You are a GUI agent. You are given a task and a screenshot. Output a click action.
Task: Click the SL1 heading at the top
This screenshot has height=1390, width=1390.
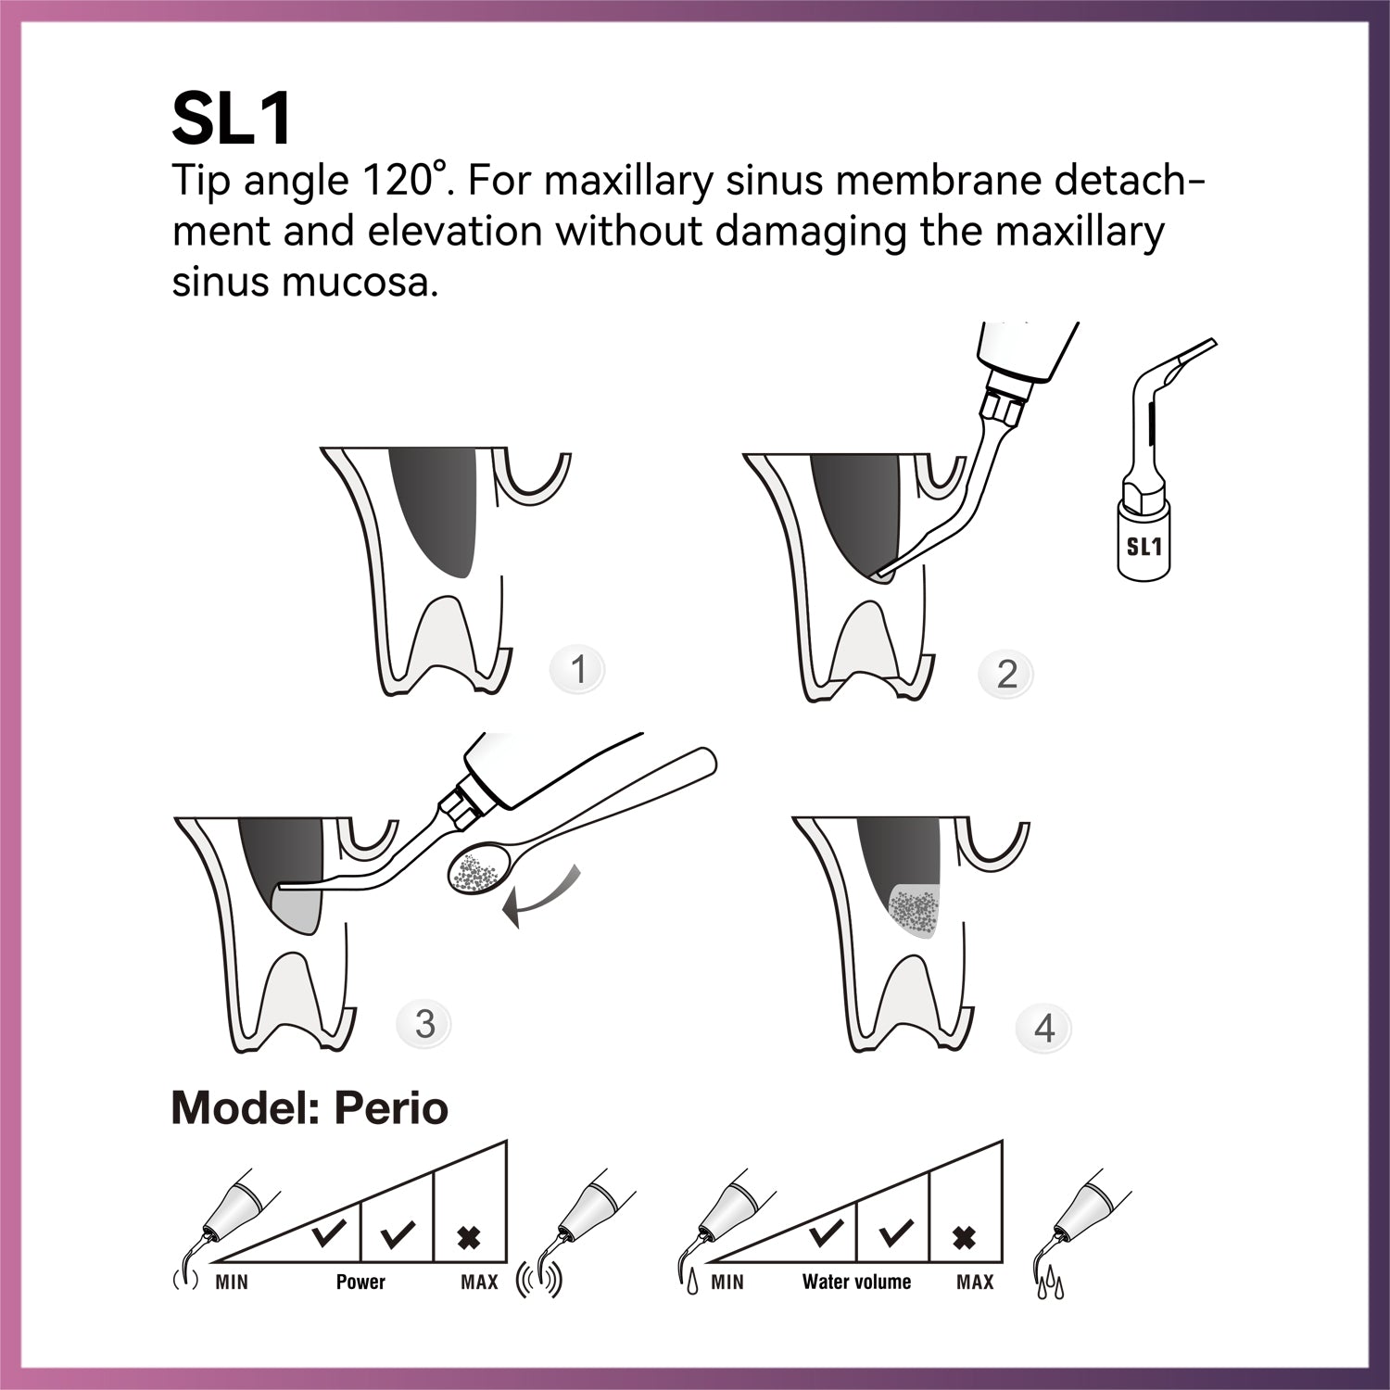[x=233, y=119]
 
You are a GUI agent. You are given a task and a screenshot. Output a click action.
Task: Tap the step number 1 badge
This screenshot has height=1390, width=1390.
[x=578, y=669]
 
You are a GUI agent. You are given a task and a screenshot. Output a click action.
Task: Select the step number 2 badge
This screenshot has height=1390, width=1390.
[x=1006, y=674]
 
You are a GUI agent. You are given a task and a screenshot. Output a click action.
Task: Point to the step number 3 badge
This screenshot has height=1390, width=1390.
[x=424, y=1024]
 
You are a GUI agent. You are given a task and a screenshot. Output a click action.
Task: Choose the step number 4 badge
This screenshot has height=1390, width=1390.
[x=1044, y=1029]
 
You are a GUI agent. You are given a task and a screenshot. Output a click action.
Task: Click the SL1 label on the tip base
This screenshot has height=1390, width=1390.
[x=1144, y=547]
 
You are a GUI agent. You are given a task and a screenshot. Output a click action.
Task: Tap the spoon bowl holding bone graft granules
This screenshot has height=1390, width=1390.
[x=476, y=871]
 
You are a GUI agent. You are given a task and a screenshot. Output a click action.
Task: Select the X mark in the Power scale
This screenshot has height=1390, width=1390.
[x=469, y=1237]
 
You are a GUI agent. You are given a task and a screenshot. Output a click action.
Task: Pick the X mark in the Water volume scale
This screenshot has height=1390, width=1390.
[x=965, y=1237]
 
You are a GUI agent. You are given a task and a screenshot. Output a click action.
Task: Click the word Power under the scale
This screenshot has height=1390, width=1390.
[x=360, y=1283]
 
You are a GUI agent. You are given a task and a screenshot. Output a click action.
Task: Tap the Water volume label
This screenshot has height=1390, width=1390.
[x=856, y=1283]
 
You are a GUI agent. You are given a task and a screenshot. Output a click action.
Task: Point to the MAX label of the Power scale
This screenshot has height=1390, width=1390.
[x=479, y=1283]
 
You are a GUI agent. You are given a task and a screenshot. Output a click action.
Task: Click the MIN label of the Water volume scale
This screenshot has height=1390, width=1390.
[x=727, y=1283]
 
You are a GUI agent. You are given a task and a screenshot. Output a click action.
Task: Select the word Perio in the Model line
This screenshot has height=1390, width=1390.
[x=392, y=1108]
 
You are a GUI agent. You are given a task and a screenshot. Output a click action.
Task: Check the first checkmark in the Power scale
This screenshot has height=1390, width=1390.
[x=327, y=1233]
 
